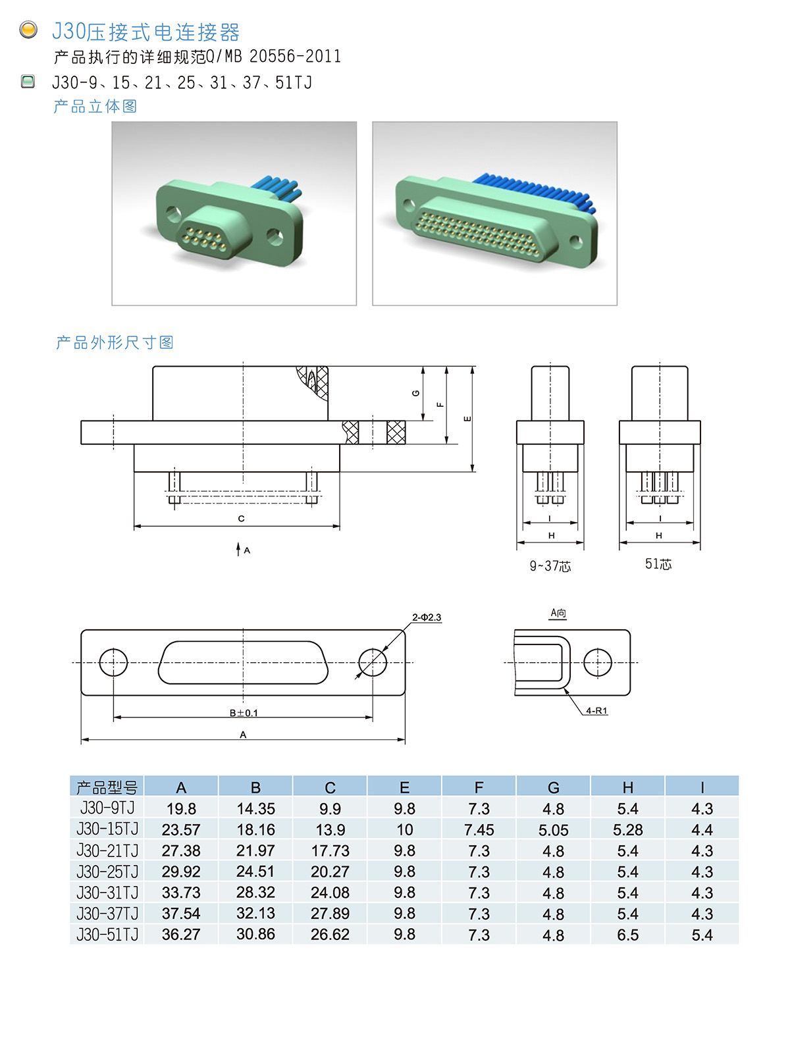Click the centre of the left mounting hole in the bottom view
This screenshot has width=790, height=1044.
(x=113, y=662)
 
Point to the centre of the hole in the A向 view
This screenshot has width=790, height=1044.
(x=597, y=662)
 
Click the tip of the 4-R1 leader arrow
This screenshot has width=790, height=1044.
(x=564, y=689)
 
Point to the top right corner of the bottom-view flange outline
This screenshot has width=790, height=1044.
(x=405, y=630)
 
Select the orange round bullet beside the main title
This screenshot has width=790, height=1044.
(x=28, y=30)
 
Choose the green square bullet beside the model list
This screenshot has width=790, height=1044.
(x=28, y=82)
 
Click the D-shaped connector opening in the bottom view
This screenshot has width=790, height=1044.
(x=243, y=662)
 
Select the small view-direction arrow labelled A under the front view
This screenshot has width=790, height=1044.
(x=238, y=549)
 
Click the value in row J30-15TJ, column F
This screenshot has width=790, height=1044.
(x=479, y=830)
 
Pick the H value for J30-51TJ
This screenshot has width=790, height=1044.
(x=627, y=935)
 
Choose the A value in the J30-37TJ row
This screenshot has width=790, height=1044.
(x=181, y=914)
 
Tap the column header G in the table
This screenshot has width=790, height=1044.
(x=553, y=788)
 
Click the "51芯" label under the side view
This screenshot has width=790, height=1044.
(x=658, y=564)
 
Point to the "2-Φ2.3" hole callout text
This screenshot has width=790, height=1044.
(x=426, y=617)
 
